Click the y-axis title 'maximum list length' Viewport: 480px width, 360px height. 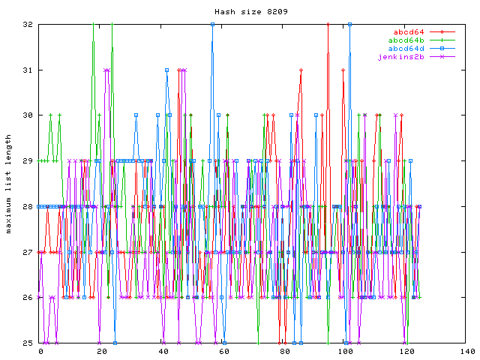click(x=9, y=184)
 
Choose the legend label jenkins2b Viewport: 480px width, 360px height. click(x=402, y=56)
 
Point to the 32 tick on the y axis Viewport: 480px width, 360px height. click(x=27, y=25)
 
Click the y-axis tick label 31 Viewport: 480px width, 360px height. click(x=27, y=70)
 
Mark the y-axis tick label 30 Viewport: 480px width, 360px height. click(x=27, y=115)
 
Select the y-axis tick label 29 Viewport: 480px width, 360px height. click(x=27, y=161)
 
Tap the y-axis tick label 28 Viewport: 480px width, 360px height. click(x=27, y=206)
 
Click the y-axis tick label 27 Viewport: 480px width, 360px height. click(x=27, y=252)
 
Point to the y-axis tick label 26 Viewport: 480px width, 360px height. click(x=27, y=298)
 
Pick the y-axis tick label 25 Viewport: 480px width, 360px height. click(x=27, y=343)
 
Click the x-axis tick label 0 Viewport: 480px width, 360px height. click(x=40, y=351)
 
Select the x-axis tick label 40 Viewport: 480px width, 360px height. click(x=163, y=351)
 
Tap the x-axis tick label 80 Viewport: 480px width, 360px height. click(x=284, y=351)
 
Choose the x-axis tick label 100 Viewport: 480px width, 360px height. click(x=345, y=351)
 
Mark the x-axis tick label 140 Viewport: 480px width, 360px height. click(x=466, y=351)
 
